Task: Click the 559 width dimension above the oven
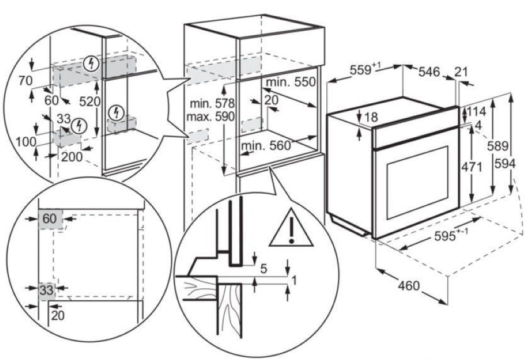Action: click(x=361, y=70)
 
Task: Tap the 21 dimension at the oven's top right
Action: click(x=462, y=71)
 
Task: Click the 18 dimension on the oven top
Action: click(x=371, y=117)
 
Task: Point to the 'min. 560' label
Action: click(x=266, y=146)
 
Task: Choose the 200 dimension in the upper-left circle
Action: click(x=72, y=156)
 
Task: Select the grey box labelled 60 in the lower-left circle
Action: click(x=48, y=219)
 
